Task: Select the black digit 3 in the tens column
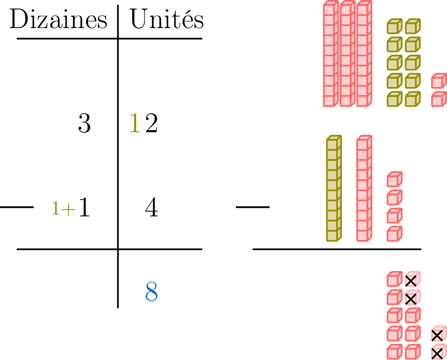pyautogui.click(x=84, y=124)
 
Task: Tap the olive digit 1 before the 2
pyautogui.click(x=135, y=124)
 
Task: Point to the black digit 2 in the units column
pyautogui.click(x=151, y=124)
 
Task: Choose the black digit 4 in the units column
pyautogui.click(x=151, y=208)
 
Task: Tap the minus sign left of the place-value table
pyautogui.click(x=17, y=207)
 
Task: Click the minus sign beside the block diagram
pyautogui.click(x=253, y=207)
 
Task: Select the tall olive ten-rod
pyautogui.click(x=334, y=188)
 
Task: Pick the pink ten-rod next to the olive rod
pyautogui.click(x=364, y=188)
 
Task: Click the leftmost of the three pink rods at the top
pyautogui.click(x=330, y=54)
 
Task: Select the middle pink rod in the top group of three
pyautogui.click(x=347, y=54)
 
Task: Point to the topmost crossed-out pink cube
pyautogui.click(x=412, y=280)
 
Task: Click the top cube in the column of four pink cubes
pyautogui.click(x=394, y=179)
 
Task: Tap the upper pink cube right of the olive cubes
pyautogui.click(x=438, y=81)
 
